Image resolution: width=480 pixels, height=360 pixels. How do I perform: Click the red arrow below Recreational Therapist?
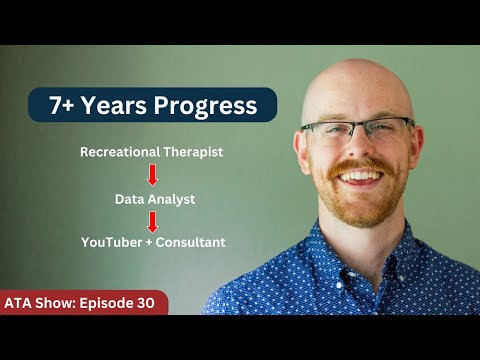click(x=153, y=175)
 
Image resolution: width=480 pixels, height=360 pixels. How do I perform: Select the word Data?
click(x=130, y=199)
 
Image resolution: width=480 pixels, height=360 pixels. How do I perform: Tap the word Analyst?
click(x=171, y=199)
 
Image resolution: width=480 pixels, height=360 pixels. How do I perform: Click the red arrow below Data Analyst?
click(x=153, y=222)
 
